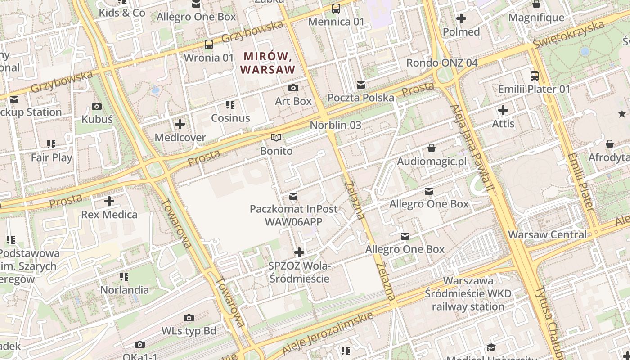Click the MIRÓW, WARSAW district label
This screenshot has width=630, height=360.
(269, 63)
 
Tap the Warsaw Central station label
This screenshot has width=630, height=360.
(547, 234)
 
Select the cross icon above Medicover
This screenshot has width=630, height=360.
(180, 124)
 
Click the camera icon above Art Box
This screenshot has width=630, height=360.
(293, 88)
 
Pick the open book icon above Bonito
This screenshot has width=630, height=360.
(276, 137)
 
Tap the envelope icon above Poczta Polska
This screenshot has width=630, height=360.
(360, 85)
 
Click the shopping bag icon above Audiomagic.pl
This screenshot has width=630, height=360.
(432, 148)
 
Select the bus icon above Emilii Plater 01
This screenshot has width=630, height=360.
(534, 76)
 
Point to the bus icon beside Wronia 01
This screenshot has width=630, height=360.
(209, 44)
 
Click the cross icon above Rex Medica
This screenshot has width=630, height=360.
(109, 201)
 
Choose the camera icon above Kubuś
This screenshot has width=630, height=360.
(97, 106)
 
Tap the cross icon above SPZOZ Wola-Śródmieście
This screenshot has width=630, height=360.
(299, 252)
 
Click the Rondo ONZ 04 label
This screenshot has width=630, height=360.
(442, 63)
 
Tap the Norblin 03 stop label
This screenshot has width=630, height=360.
(335, 125)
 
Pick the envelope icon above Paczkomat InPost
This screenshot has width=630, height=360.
(293, 196)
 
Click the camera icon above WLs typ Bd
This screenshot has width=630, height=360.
(189, 318)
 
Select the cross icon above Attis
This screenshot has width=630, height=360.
(503, 110)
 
